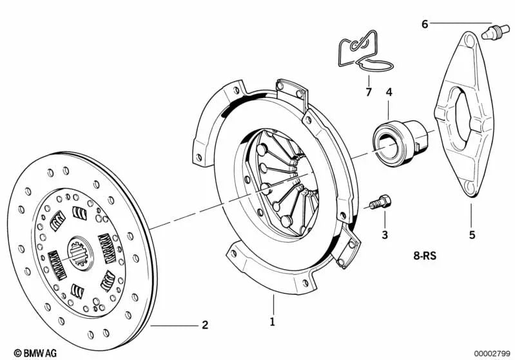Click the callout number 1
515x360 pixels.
(x=272, y=321)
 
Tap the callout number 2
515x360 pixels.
(x=205, y=325)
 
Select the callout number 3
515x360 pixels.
(x=385, y=234)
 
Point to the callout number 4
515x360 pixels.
(x=389, y=92)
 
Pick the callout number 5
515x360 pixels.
(x=472, y=235)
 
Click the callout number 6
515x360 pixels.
(x=425, y=24)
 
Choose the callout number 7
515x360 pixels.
(x=369, y=92)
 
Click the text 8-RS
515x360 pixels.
(x=426, y=255)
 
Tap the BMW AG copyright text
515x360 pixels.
(x=26, y=353)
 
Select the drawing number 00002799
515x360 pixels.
(x=492, y=353)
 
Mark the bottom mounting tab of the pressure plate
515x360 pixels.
(x=270, y=271)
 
